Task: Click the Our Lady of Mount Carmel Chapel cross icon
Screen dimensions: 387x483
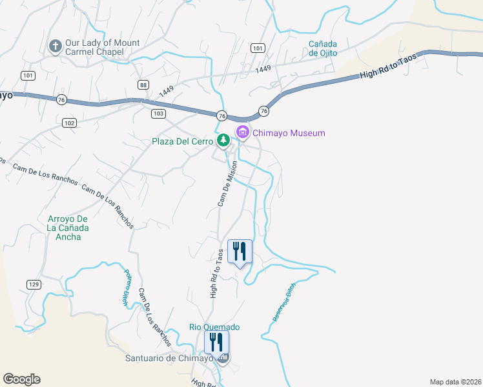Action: pyautogui.click(x=56, y=46)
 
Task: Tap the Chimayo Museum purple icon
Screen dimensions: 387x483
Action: pyautogui.click(x=243, y=133)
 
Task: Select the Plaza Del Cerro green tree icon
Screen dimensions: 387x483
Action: pyautogui.click(x=223, y=140)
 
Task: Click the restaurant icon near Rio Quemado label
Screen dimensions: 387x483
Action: pyautogui.click(x=216, y=342)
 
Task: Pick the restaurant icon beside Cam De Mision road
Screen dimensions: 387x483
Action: pyautogui.click(x=240, y=252)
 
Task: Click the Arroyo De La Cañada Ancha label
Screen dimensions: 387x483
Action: pyautogui.click(x=68, y=228)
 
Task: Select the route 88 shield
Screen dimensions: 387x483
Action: pyautogui.click(x=143, y=85)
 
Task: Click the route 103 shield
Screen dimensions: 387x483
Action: pyautogui.click(x=159, y=114)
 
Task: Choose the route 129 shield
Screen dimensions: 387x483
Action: pyautogui.click(x=35, y=284)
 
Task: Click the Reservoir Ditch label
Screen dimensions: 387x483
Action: pyautogui.click(x=284, y=303)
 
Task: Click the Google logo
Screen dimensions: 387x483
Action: pyautogui.click(x=21, y=379)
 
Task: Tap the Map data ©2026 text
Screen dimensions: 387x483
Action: pyautogui.click(x=455, y=382)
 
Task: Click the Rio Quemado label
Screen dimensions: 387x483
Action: pyautogui.click(x=214, y=327)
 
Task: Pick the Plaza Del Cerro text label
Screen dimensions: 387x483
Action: pyautogui.click(x=183, y=141)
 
